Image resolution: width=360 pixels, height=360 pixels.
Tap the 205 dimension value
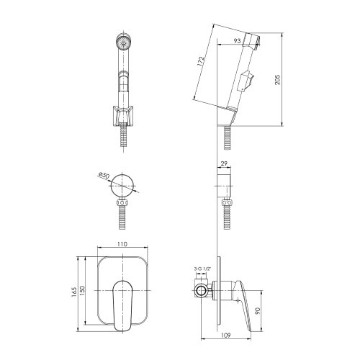[277, 79]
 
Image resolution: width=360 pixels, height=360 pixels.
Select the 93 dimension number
[237, 41]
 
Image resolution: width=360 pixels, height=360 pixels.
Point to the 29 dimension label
[224, 163]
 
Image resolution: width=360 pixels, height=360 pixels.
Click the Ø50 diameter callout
[104, 175]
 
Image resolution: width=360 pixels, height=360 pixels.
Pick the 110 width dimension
[122, 244]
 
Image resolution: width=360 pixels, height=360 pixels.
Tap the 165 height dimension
[74, 292]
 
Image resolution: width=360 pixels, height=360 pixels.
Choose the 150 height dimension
[82, 290]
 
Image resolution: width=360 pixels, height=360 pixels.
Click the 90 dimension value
[258, 312]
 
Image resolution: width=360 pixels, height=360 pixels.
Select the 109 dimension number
[225, 335]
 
